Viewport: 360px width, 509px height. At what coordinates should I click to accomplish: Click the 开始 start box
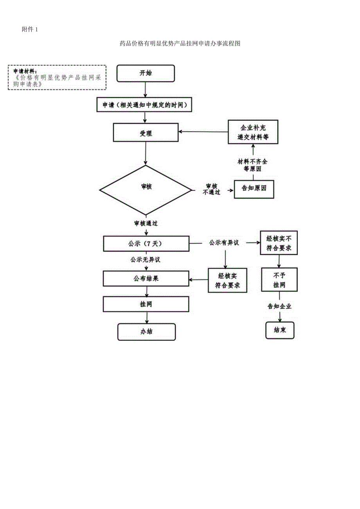[x=146, y=73]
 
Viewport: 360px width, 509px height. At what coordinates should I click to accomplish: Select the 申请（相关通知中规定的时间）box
[x=145, y=105]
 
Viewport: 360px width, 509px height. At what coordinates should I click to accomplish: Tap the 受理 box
[x=146, y=133]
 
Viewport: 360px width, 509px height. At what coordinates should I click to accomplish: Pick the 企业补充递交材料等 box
[x=253, y=132]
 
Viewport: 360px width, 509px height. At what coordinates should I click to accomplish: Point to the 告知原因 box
[x=254, y=189]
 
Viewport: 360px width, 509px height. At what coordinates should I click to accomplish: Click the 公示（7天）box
[x=146, y=243]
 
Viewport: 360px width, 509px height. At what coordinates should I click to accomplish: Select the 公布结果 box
[x=146, y=279]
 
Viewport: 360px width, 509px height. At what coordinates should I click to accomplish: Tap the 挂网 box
[x=146, y=304]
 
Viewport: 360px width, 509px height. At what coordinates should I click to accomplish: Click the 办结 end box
[x=146, y=332]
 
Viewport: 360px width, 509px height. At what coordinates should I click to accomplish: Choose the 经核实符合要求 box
[x=228, y=280]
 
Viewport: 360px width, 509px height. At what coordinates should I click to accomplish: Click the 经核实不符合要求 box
[x=279, y=243]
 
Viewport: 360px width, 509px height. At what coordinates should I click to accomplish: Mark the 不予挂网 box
[x=279, y=280]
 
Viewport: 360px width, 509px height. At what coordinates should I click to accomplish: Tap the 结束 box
[x=279, y=330]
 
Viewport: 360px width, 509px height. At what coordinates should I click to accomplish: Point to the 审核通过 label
[x=146, y=223]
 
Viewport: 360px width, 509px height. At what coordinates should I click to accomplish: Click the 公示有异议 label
[x=224, y=243]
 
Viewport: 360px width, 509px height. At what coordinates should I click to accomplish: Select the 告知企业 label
[x=279, y=306]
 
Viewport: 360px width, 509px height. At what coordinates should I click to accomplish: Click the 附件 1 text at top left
[x=30, y=30]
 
